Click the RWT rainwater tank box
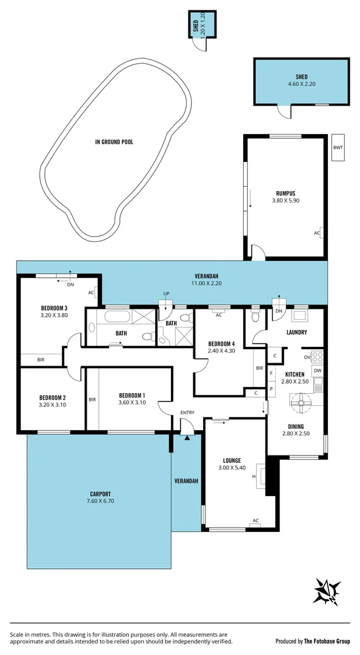(338, 147)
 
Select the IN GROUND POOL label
(114, 142)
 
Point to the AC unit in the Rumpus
(317, 233)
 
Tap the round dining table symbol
(299, 400)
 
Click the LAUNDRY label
(296, 332)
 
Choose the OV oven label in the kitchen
(306, 357)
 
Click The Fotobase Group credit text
(326, 641)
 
